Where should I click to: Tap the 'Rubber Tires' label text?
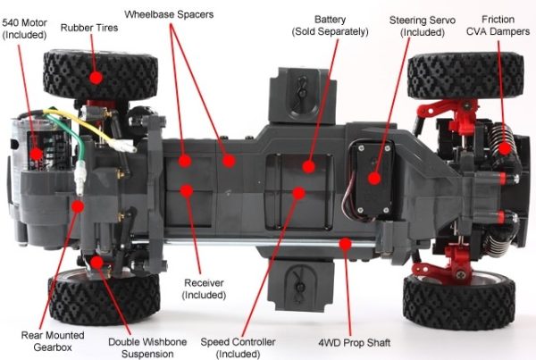[88, 28]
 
